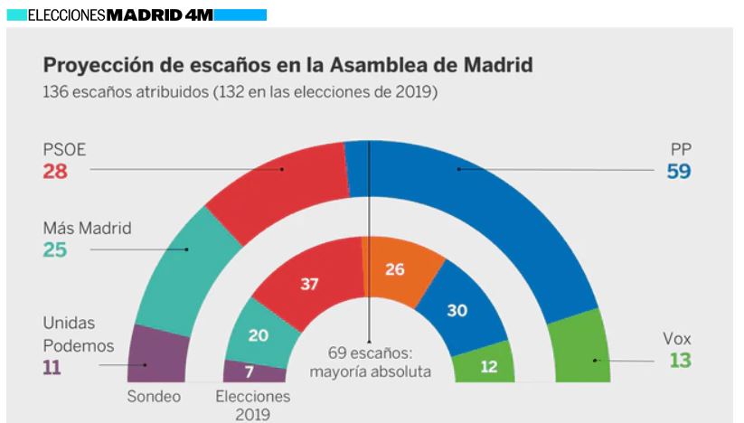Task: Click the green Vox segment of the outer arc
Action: coord(578,348)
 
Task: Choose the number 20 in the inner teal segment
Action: coord(258,336)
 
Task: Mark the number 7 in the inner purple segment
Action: coord(250,371)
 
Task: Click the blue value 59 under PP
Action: coord(679,171)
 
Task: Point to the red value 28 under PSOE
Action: coord(55,171)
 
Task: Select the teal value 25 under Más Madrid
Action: coord(55,249)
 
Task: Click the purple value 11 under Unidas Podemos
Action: coord(53,367)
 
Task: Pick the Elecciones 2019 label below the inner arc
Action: coord(253,405)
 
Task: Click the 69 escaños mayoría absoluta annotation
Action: coord(370,362)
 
